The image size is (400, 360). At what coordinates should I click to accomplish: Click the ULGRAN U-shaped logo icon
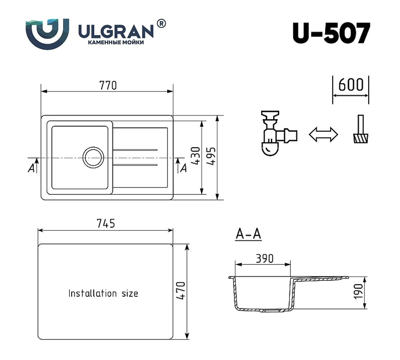tap(47, 34)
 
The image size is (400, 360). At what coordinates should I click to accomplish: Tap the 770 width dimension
tap(108, 85)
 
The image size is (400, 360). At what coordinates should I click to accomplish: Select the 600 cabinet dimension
tap(351, 85)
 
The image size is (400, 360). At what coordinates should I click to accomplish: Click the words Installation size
tap(103, 294)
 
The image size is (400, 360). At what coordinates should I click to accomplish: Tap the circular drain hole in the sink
tap(93, 157)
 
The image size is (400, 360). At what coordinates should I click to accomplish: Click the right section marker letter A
tap(184, 168)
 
